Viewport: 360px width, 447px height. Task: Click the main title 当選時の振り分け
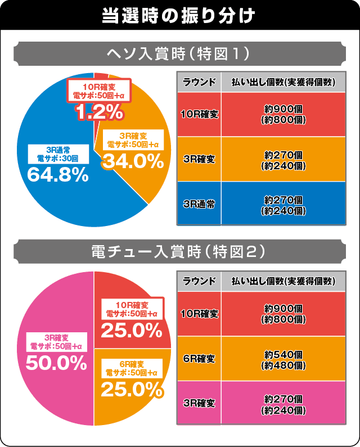point(179,14)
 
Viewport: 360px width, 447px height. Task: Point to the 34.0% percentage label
point(132,161)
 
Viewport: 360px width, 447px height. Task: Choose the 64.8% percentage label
point(58,175)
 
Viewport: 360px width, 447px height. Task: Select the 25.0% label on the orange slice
point(132,387)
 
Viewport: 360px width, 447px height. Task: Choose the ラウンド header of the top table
point(199,82)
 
